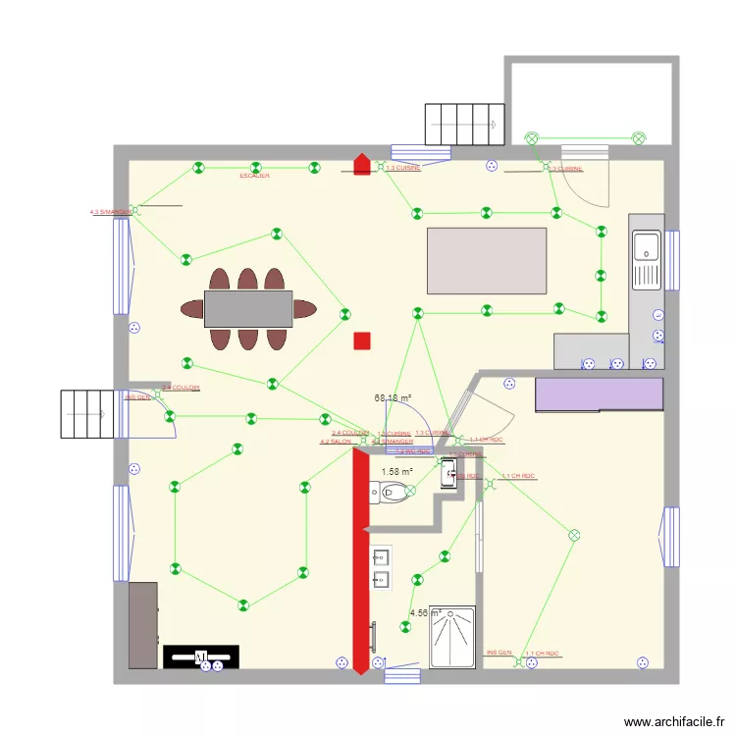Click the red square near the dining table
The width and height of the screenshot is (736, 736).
[362, 341]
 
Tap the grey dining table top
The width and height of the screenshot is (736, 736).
[248, 308]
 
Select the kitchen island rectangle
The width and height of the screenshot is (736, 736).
[487, 260]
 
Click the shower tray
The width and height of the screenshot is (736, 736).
[451, 636]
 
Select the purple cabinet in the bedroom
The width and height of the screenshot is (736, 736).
[599, 394]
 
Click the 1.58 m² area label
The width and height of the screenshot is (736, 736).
[397, 472]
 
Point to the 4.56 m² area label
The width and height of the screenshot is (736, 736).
[425, 614]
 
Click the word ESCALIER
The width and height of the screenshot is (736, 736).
[254, 176]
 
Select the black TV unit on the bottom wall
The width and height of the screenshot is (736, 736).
[201, 655]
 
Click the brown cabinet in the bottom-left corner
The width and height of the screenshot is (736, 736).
[143, 625]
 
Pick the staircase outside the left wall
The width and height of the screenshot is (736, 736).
[93, 414]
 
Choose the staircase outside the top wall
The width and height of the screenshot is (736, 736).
[464, 124]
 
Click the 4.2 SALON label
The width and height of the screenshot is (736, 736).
[335, 442]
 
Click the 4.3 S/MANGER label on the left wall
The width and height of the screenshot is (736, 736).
[110, 211]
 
